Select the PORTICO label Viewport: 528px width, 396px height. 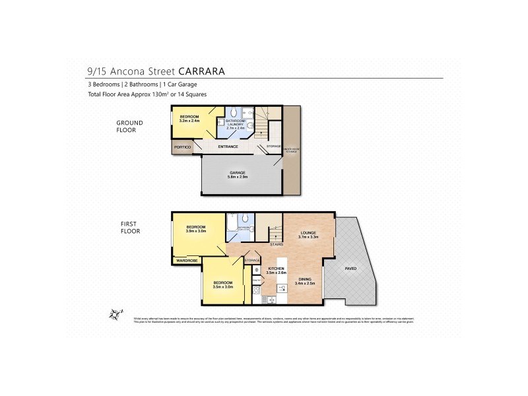182,147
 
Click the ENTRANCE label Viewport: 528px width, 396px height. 228,147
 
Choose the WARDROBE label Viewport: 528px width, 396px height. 187,261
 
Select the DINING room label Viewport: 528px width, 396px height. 304,279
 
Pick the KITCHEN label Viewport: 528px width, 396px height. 276,269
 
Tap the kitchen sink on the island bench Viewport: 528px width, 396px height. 282,288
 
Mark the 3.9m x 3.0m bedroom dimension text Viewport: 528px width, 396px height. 197,231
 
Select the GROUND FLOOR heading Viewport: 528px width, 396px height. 126,126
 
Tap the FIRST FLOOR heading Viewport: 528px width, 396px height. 129,228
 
